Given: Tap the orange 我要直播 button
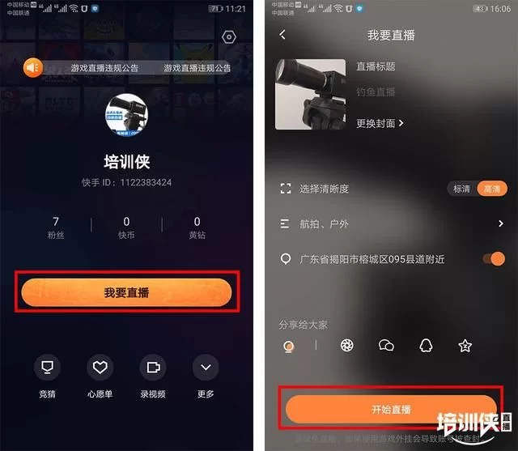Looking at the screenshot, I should point(126,292).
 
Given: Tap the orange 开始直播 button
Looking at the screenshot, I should point(390,410).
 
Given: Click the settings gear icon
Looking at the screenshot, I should point(229,37).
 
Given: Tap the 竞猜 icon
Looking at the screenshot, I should point(48,368).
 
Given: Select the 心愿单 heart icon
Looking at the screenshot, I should point(100,368).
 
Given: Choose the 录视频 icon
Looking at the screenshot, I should point(152,368).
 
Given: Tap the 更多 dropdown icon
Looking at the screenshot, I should point(206,368).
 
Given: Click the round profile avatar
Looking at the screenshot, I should point(127,114).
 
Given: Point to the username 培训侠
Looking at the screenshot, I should point(127,161).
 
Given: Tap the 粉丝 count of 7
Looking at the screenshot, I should point(56,222).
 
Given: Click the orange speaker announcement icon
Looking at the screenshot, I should point(32,68).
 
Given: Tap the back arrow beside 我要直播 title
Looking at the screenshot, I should point(282,35).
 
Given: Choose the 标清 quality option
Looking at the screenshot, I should point(461,189).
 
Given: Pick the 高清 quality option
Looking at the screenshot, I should point(490,189).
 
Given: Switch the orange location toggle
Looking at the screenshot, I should point(493,259).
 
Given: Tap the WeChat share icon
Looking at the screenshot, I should point(386,346).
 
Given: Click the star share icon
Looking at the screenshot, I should point(465,346).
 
